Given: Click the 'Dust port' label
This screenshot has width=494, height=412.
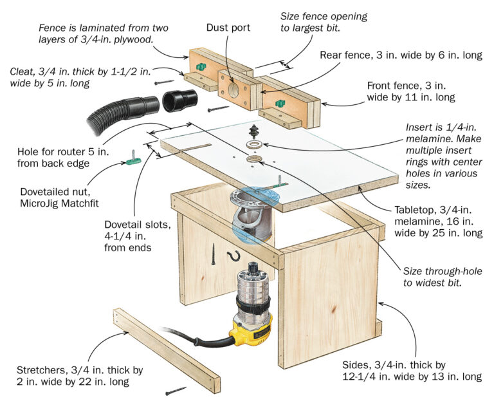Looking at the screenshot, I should pyautogui.click(x=229, y=28).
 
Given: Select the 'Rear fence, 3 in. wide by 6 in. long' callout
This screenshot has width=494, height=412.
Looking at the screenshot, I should pyautogui.click(x=401, y=55).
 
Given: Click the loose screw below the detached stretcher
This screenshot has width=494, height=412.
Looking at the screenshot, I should pyautogui.click(x=176, y=390).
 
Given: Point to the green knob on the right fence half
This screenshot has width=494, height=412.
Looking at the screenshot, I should pyautogui.click(x=280, y=104).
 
